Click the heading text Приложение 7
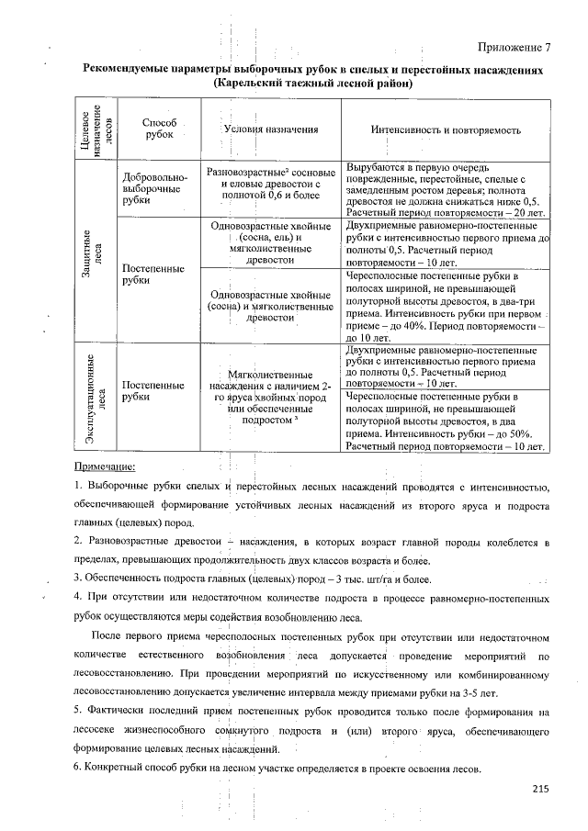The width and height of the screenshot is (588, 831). [x=514, y=48]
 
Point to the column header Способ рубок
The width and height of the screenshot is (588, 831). [x=159, y=129]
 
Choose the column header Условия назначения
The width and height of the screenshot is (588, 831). [x=270, y=129]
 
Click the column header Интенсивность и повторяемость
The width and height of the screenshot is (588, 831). [x=446, y=129]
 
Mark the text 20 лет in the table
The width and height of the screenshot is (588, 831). [x=525, y=211]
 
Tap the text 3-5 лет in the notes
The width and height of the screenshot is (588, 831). [x=477, y=691]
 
